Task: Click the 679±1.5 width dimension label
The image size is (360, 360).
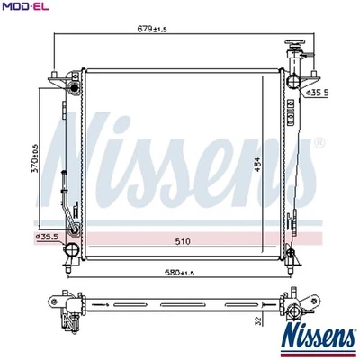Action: point(152,29)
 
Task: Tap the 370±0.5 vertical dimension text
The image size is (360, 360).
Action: point(36,157)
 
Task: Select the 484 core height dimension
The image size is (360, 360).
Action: point(257,165)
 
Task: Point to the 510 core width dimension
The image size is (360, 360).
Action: point(183,241)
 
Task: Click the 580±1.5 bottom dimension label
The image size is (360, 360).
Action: point(179,273)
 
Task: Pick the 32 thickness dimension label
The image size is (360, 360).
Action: point(258,319)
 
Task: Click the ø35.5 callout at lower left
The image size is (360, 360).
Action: point(47,237)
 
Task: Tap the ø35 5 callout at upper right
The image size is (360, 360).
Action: point(318,93)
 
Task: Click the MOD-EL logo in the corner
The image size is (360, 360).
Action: point(25,6)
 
